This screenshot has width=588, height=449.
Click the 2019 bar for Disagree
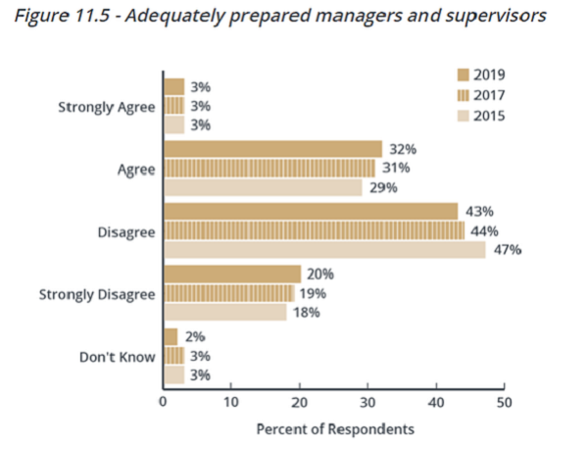[311, 212]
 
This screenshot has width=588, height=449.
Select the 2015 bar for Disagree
[324, 250]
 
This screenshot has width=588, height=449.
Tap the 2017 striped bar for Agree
[269, 169]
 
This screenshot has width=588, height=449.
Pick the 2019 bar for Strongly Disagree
[232, 274]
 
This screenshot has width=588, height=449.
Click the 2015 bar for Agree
[263, 187]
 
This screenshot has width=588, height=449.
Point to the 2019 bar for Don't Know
[171, 337]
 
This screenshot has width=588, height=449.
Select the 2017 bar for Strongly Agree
[173, 106]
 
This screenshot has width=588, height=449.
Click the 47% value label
[508, 250]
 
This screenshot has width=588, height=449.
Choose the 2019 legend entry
[479, 75]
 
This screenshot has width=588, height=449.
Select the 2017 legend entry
[479, 95]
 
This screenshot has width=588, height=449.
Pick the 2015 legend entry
[479, 116]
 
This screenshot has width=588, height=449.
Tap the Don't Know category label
[118, 356]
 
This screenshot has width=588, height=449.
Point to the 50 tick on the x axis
[503, 401]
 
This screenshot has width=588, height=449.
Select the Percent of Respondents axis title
[335, 429]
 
